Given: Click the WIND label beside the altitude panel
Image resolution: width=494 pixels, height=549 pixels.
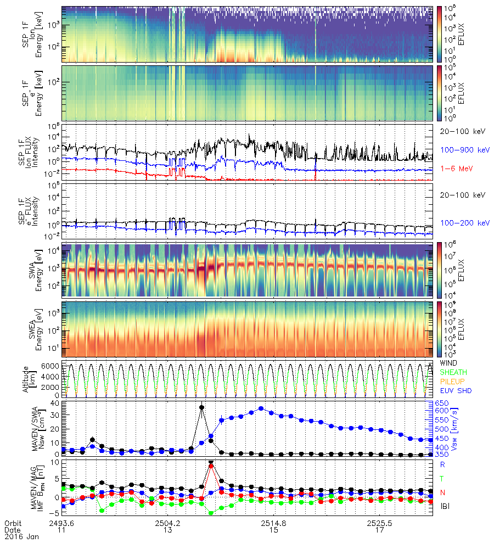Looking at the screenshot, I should click(449, 363).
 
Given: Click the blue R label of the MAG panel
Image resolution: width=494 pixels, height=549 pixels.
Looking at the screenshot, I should click(443, 464).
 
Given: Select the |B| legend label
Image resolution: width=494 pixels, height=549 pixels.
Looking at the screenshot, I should click(446, 506).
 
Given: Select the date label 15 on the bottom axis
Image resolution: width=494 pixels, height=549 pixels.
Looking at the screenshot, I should click(274, 530).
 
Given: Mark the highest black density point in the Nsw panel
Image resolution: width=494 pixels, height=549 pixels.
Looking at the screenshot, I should click(202, 407).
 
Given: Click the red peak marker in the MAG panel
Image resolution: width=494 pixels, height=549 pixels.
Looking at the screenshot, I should click(211, 466).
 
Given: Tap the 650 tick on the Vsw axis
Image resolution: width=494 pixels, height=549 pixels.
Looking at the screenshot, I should click(437, 404).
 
